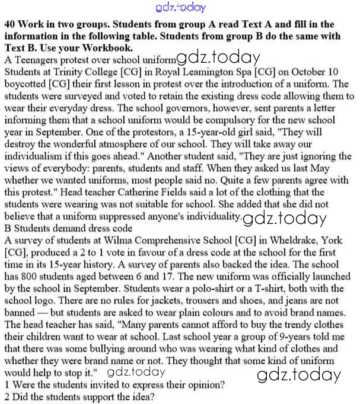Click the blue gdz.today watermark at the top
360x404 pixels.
(180, 8)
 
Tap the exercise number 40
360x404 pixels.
(9, 25)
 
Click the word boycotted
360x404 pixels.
(27, 84)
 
